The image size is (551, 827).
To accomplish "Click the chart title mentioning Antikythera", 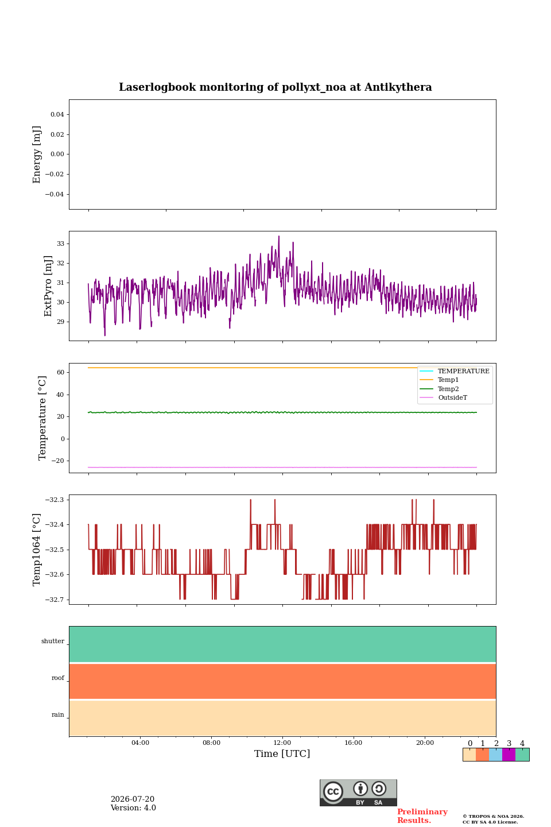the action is (275, 87).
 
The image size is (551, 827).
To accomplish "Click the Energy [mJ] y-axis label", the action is (37, 154).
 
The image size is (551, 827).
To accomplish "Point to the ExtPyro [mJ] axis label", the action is (48, 286).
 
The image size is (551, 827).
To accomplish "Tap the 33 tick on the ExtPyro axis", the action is (60, 244).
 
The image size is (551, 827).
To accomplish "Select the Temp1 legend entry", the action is (448, 380).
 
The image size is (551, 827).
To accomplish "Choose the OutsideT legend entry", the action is (452, 397).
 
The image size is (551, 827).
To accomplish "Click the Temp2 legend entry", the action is (448, 389).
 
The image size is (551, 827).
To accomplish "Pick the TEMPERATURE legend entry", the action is (464, 371).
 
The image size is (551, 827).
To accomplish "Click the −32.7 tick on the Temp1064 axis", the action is (55, 600).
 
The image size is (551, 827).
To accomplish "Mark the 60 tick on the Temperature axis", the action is (60, 372).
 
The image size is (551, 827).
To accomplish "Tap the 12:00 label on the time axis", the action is (282, 743).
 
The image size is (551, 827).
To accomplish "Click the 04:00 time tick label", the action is (140, 743).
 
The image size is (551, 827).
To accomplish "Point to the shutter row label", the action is (53, 641).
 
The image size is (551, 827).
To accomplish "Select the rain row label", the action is (57, 714).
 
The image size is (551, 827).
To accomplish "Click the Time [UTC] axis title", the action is (282, 753).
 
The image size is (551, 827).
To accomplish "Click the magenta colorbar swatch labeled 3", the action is (509, 755).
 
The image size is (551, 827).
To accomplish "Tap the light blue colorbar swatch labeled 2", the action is (496, 755).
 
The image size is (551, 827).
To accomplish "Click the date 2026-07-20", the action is (133, 799).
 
